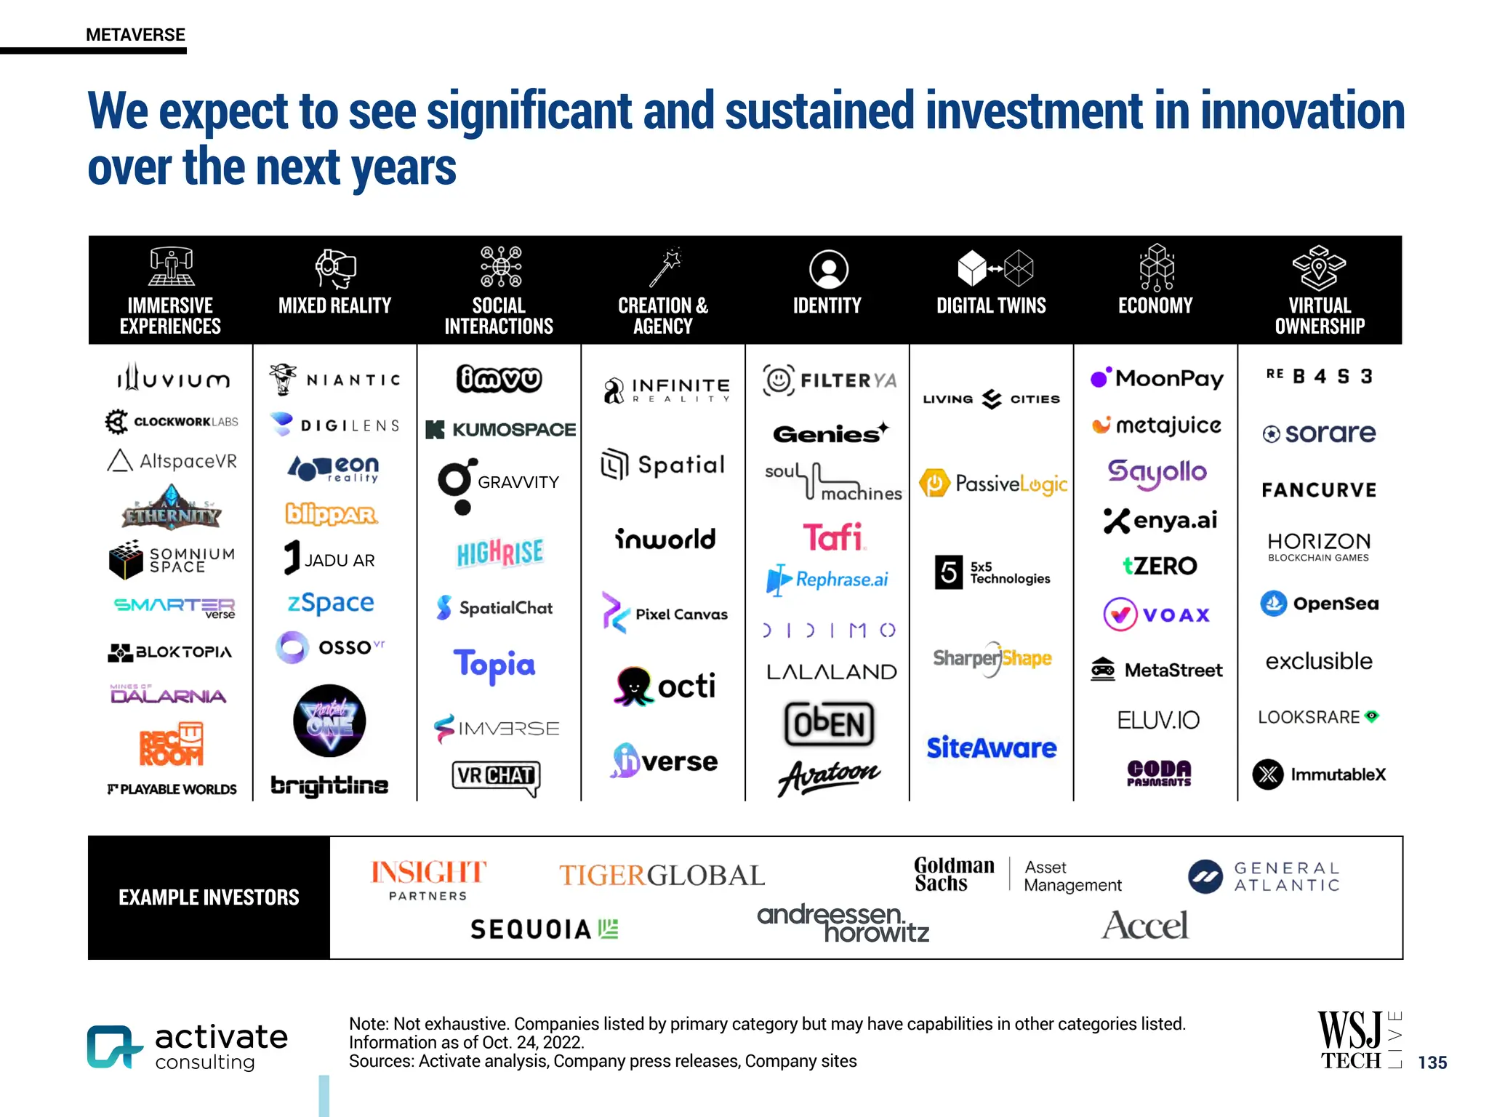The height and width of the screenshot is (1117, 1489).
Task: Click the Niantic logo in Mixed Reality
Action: pyautogui.click(x=335, y=380)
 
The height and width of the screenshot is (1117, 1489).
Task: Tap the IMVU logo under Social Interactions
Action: pyautogui.click(x=499, y=379)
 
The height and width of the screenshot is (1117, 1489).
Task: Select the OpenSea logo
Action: pyautogui.click(x=1319, y=604)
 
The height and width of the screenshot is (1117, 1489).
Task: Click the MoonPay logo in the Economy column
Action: pyautogui.click(x=1157, y=378)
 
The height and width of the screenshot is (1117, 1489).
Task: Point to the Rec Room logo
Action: pyautogui.click(x=172, y=744)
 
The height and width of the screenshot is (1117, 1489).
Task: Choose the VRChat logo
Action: pyautogui.click(x=497, y=777)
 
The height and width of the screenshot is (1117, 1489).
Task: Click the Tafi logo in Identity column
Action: pyautogui.click(x=833, y=537)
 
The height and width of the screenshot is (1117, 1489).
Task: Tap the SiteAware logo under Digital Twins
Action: pyautogui.click(x=991, y=748)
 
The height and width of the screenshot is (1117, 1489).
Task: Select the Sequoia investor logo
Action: pyautogui.click(x=544, y=929)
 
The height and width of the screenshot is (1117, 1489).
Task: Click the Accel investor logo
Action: pyautogui.click(x=1144, y=926)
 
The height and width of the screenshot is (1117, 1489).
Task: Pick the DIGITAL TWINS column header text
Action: pyautogui.click(x=991, y=306)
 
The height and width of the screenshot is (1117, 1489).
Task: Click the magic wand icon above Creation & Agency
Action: pyautogui.click(x=665, y=268)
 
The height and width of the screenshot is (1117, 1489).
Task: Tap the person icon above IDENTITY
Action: pyautogui.click(x=828, y=269)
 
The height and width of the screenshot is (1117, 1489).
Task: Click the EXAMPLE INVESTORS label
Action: pyautogui.click(x=209, y=897)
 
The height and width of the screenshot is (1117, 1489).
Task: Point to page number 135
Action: pyautogui.click(x=1432, y=1062)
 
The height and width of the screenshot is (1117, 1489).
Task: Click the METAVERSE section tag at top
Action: pyautogui.click(x=135, y=35)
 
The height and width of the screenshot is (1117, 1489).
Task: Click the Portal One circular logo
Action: pyautogui.click(x=329, y=721)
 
